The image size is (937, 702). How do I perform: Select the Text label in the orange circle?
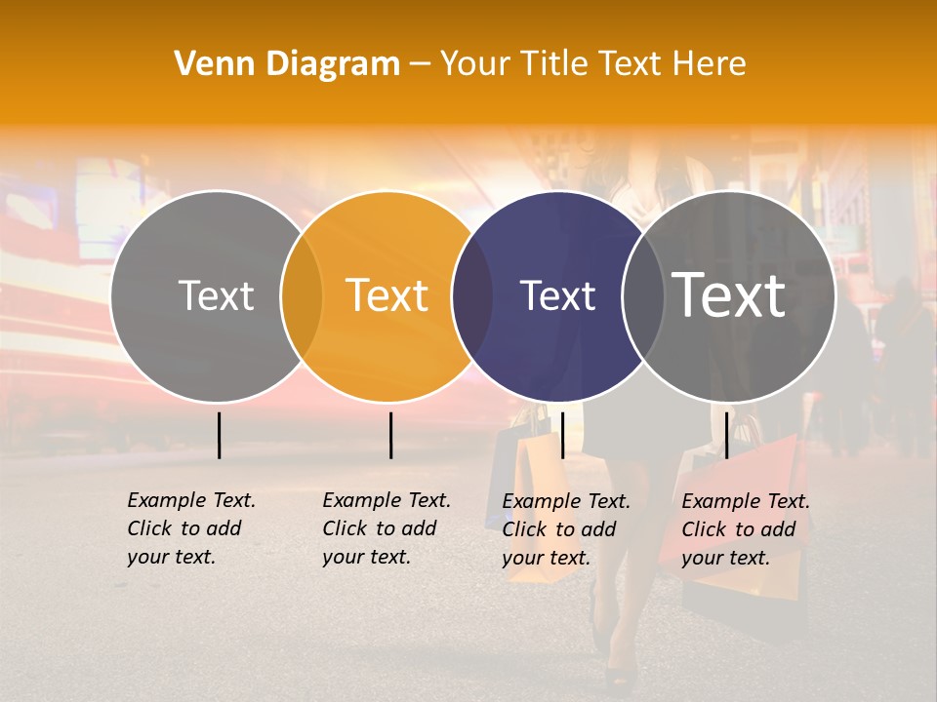point(387,295)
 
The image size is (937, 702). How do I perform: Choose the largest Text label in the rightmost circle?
point(729,295)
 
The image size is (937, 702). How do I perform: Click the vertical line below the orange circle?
point(390,435)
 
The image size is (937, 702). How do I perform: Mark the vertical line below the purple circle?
point(562,435)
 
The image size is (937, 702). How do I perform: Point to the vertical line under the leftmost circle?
point(220,435)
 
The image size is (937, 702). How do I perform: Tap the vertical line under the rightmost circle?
point(726,435)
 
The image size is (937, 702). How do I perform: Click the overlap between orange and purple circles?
point(472,296)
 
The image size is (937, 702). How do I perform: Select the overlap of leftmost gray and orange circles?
point(302,296)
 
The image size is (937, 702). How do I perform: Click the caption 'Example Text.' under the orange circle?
point(387,500)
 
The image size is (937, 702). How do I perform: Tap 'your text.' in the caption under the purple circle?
point(546,558)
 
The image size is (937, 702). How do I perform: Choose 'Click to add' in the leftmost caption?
point(183,528)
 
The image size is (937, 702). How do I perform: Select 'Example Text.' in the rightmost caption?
point(746,501)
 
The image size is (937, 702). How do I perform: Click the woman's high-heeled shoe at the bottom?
point(621,674)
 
